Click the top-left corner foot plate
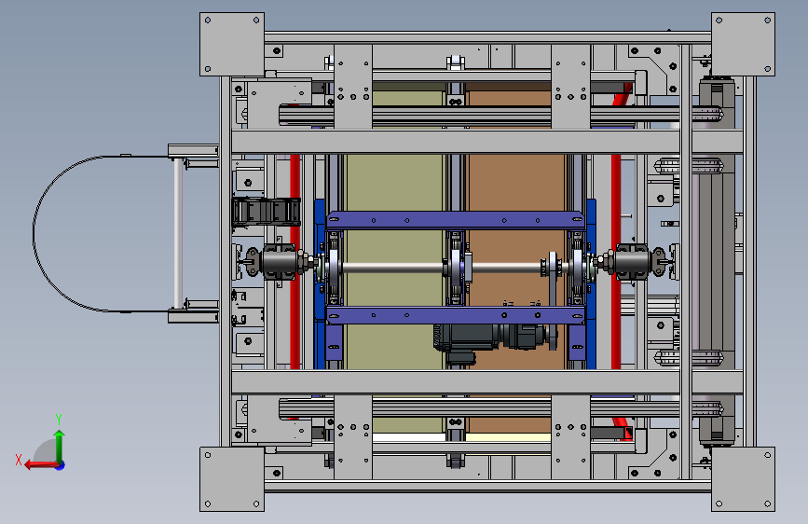coord(232,45)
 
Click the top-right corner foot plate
coord(743,45)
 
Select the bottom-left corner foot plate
coord(232,479)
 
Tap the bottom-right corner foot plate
coord(743,479)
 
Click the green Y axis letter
coord(59,419)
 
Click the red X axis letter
coord(19,460)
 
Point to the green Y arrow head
coord(60,435)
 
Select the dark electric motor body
coord(489,338)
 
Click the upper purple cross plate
coord(456,220)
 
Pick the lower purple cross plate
coord(456,314)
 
